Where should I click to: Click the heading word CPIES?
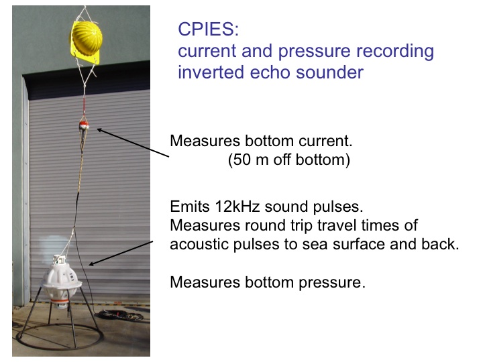point(208,29)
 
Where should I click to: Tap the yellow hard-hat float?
point(87,39)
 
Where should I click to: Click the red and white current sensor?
point(83,125)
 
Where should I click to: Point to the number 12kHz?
point(237,206)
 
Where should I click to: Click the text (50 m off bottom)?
point(289,160)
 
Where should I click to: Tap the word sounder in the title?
point(330,72)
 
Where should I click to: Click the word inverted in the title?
point(211,72)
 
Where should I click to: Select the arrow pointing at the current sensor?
point(133,143)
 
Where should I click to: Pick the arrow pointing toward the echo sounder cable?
point(121,253)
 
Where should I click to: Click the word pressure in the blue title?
point(315,52)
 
